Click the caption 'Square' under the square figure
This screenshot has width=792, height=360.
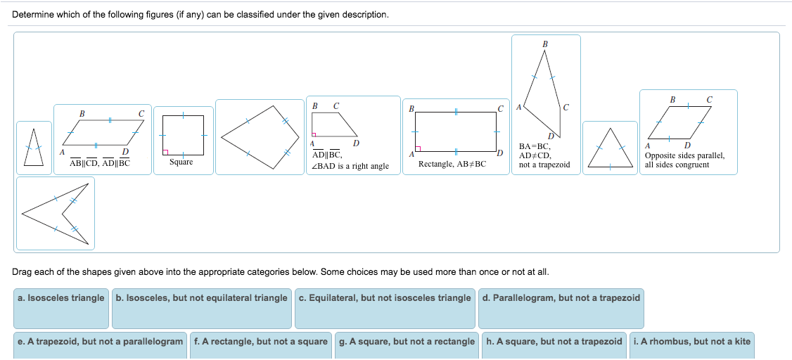[x=181, y=162]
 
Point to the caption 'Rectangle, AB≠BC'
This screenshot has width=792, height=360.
[x=452, y=164]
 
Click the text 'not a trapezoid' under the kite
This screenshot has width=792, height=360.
[x=544, y=165]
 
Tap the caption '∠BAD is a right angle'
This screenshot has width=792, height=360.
[x=350, y=167]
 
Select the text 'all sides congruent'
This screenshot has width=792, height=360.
[x=677, y=165]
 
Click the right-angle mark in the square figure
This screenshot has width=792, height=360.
[x=166, y=151]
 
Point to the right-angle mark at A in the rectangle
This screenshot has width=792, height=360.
[x=418, y=148]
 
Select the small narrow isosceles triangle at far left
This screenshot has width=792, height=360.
[x=30, y=148]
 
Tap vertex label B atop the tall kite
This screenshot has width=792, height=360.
[x=545, y=44]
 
